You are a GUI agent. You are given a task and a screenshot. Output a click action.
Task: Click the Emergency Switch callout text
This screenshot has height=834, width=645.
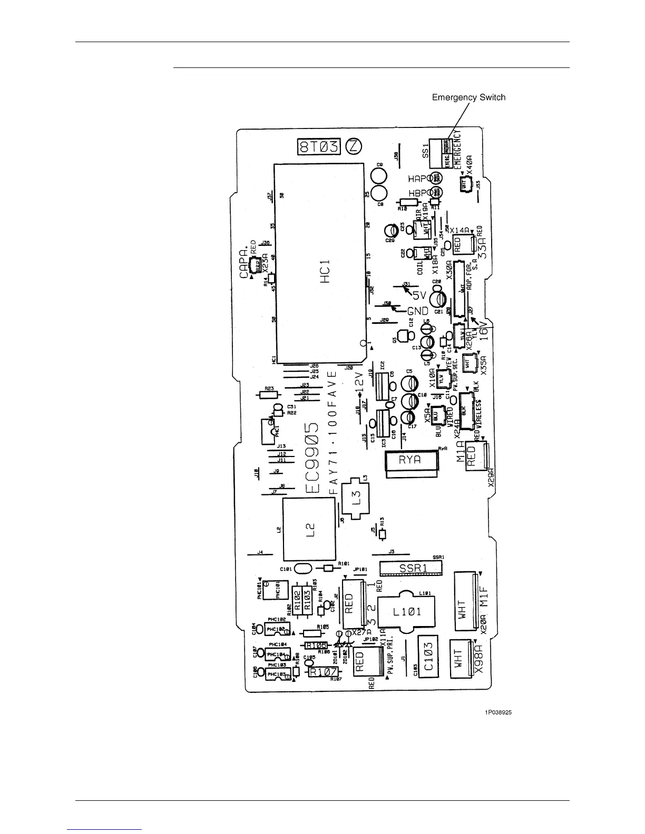(x=468, y=97)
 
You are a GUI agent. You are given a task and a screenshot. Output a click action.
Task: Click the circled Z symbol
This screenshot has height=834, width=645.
(x=353, y=146)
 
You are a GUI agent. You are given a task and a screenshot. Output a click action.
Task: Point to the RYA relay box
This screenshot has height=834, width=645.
(x=411, y=460)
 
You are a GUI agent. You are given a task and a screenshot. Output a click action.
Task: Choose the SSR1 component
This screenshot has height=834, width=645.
(x=413, y=568)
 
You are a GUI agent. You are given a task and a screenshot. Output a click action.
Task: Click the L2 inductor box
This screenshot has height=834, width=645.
(x=309, y=529)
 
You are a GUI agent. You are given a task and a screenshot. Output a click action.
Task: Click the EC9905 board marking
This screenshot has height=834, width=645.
(x=314, y=456)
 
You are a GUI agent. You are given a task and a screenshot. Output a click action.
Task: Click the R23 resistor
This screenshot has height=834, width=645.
(x=268, y=393)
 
